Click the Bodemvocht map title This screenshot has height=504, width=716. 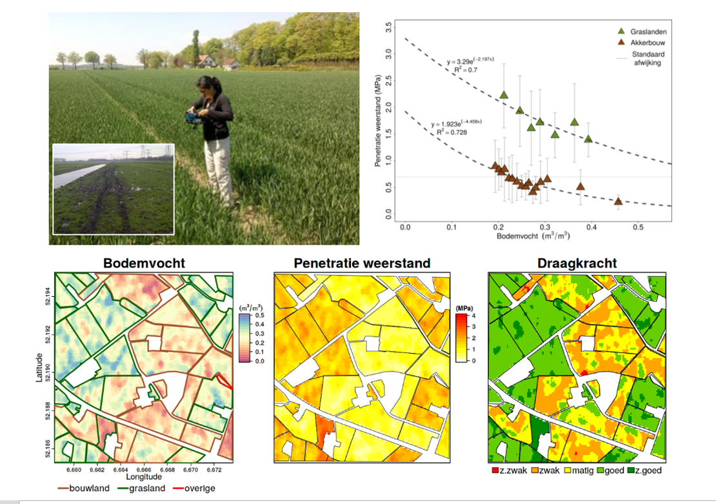pyautogui.click(x=144, y=263)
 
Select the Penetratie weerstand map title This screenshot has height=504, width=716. pyautogui.click(x=362, y=263)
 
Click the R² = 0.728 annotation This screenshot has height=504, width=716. pyautogui.click(x=452, y=132)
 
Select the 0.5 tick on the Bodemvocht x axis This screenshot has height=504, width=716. pyautogui.click(x=638, y=228)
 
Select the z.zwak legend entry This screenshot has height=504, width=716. pyautogui.click(x=510, y=470)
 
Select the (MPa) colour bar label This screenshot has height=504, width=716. pyautogui.click(x=464, y=307)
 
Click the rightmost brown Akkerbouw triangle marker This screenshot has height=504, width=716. pyautogui.click(x=618, y=201)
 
